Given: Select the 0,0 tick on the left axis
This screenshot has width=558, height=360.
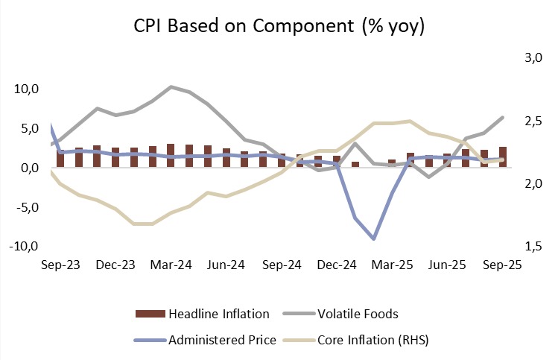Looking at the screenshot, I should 30,168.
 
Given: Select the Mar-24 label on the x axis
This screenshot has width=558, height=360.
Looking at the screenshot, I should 171,265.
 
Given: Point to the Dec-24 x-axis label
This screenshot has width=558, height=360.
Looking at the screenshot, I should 337,265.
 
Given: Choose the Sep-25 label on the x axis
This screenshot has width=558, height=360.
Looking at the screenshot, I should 502,265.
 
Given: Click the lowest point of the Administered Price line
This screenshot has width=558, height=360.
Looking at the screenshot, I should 373,239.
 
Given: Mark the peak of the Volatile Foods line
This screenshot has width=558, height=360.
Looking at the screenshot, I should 171,87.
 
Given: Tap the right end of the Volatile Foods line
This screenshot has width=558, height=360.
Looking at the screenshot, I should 503,118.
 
